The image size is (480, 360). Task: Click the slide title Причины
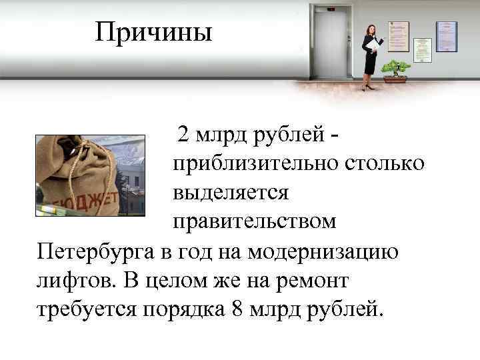[x=153, y=31]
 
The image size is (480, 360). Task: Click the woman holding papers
[x=370, y=57]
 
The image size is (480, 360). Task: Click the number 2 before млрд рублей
[x=183, y=135]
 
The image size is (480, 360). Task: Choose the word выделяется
[x=230, y=193]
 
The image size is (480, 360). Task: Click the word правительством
[x=255, y=221]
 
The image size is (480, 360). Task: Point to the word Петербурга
[x=96, y=252]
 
